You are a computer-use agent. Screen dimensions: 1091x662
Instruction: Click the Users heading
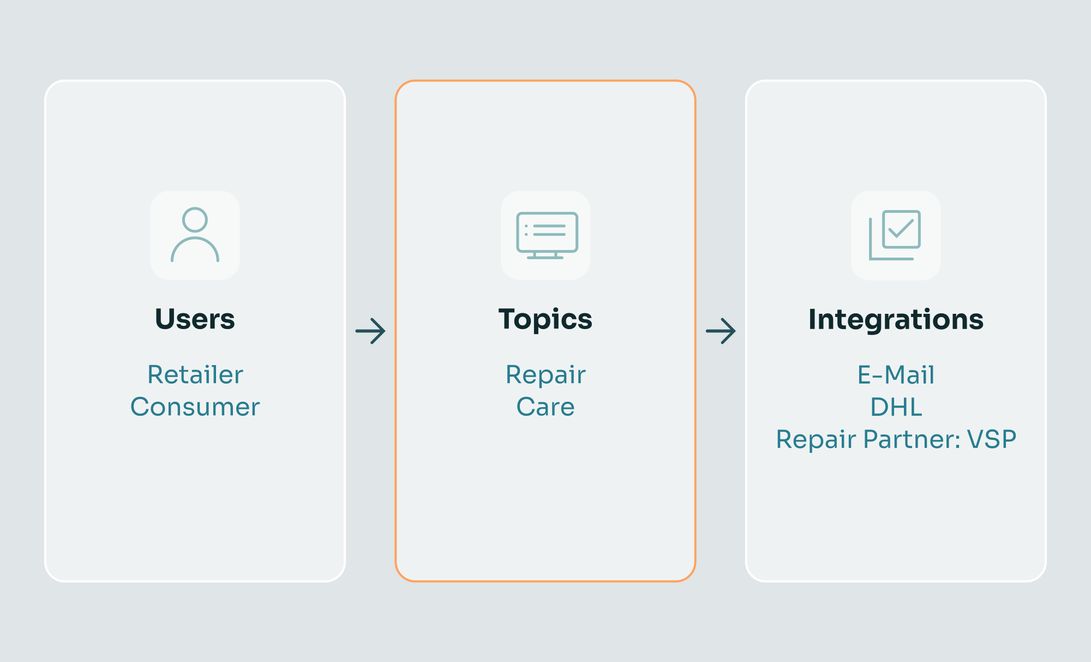click(195, 319)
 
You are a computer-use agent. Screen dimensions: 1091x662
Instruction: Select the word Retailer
click(195, 375)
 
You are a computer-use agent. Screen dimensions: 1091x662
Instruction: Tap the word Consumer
click(195, 407)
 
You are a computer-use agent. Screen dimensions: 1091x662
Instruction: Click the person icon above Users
click(195, 235)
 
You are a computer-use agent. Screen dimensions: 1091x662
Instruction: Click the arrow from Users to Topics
click(370, 331)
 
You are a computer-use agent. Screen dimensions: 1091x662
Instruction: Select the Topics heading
click(545, 319)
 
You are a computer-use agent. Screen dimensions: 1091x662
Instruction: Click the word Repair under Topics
click(545, 375)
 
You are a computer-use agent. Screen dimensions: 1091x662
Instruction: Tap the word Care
click(545, 407)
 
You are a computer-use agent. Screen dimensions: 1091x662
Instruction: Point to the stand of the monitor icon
click(545, 255)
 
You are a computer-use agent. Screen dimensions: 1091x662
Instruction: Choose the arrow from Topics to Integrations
click(721, 331)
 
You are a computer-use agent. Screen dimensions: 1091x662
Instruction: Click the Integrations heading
click(896, 320)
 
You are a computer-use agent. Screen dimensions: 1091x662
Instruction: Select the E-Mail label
click(896, 375)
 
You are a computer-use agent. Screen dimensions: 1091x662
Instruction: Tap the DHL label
click(896, 407)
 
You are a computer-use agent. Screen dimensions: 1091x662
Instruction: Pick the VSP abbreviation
click(992, 439)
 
